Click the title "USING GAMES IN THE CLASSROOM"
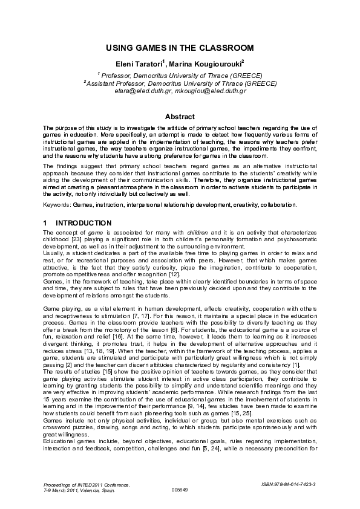coord(180,47)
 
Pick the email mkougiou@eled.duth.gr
coord(209,91)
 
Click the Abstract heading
coord(180,117)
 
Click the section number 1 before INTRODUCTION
coord(46,223)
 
